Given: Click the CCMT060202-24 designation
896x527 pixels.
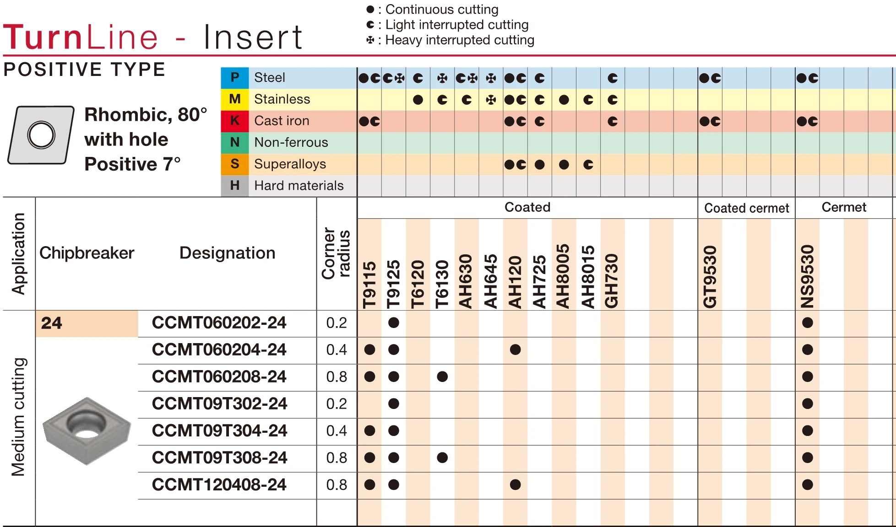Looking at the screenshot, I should point(219,323).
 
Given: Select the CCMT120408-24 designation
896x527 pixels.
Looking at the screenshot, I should point(219,485).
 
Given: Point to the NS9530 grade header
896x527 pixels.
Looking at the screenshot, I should point(807,277).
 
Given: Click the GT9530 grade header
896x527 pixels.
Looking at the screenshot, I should point(710,277).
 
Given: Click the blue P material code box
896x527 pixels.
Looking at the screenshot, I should point(235,78).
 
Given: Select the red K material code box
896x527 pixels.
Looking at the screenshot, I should point(235,121).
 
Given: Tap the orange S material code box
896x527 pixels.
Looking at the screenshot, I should point(235,164).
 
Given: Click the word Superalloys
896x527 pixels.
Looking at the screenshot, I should point(290,164).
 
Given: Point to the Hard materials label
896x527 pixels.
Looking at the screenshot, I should point(299,186).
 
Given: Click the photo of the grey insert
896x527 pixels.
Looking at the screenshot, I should point(87,430).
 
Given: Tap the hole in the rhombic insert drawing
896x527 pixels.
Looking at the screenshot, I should point(41,135).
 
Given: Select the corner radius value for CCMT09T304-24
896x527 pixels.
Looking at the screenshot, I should point(337,431).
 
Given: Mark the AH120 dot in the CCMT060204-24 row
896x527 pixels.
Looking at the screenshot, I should point(515,350).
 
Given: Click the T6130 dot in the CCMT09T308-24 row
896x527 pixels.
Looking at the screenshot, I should point(442,458).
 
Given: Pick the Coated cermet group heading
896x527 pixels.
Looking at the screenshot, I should point(746,208).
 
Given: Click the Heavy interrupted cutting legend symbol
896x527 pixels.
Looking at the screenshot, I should point(370,40).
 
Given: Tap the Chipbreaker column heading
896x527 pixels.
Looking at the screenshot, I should point(87,253).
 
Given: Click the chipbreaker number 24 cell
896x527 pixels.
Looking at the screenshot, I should point(87,323).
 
